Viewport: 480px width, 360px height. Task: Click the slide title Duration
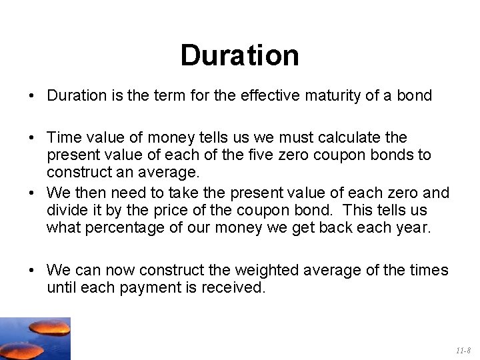click(239, 56)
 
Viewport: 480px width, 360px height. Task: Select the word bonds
click(401, 155)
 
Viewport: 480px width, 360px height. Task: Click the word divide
click(65, 211)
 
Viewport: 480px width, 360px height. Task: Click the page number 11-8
click(463, 350)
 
